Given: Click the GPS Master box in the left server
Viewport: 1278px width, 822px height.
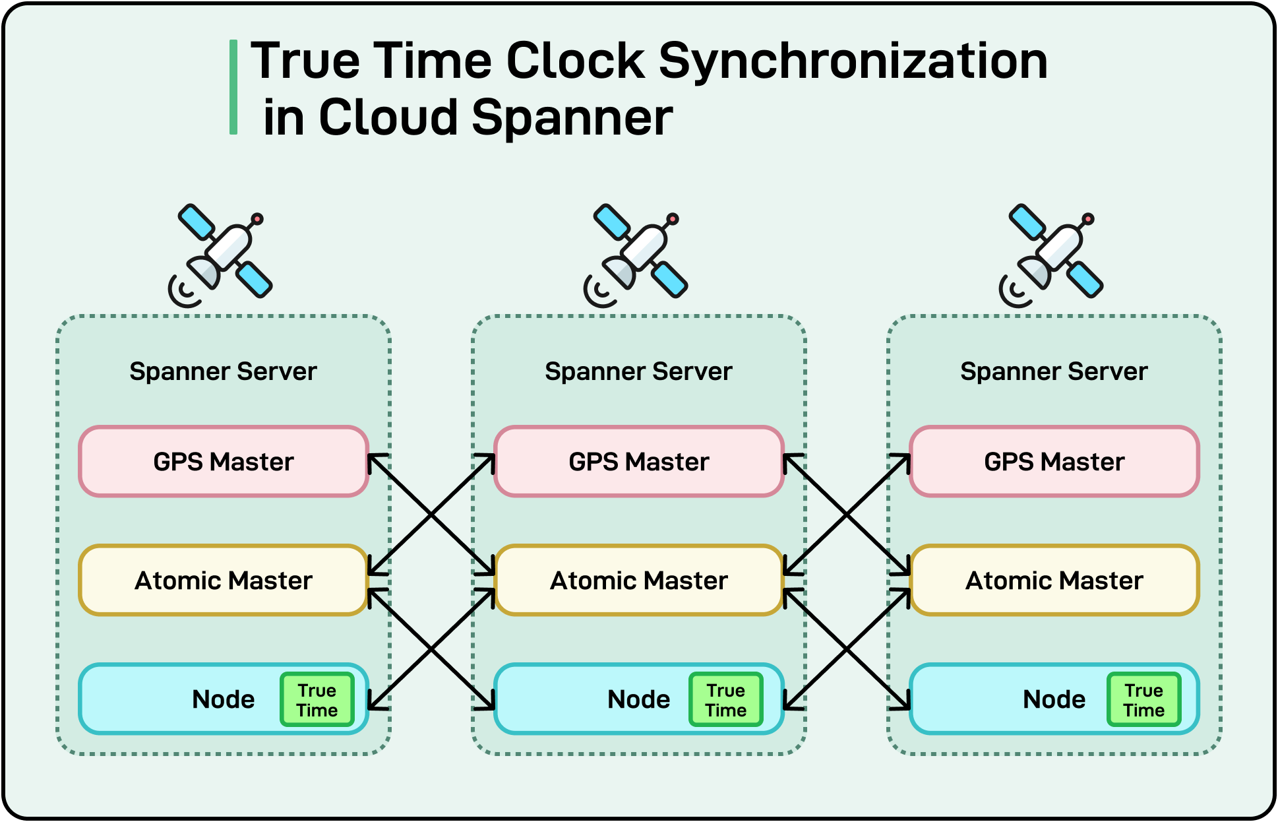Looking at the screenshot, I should pos(223,461).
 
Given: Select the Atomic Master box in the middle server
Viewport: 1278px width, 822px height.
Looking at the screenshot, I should pos(638,580).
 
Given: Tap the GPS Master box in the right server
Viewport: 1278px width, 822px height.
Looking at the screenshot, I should pos(1054,461).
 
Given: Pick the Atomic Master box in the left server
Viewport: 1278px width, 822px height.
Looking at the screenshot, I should pos(223,580).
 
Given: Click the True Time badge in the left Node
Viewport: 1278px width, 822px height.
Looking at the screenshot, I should pos(317,700).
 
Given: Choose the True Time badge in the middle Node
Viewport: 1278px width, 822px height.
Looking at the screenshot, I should pos(725,700).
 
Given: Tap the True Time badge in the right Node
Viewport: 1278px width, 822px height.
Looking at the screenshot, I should pos(1143,700).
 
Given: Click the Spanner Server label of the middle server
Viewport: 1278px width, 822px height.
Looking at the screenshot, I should pos(638,371).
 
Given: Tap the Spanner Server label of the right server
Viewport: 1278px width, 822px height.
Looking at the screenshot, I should pos(1054,371).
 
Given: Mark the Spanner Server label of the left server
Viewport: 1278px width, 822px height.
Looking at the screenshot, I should pos(223,371).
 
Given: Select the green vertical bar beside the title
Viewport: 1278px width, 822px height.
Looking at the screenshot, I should pos(233,87).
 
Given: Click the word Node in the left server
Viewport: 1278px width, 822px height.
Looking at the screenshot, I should pos(223,699).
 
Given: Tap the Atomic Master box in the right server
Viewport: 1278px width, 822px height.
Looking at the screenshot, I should pos(1054,580).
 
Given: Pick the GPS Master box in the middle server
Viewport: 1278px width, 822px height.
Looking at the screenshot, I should pos(638,461).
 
